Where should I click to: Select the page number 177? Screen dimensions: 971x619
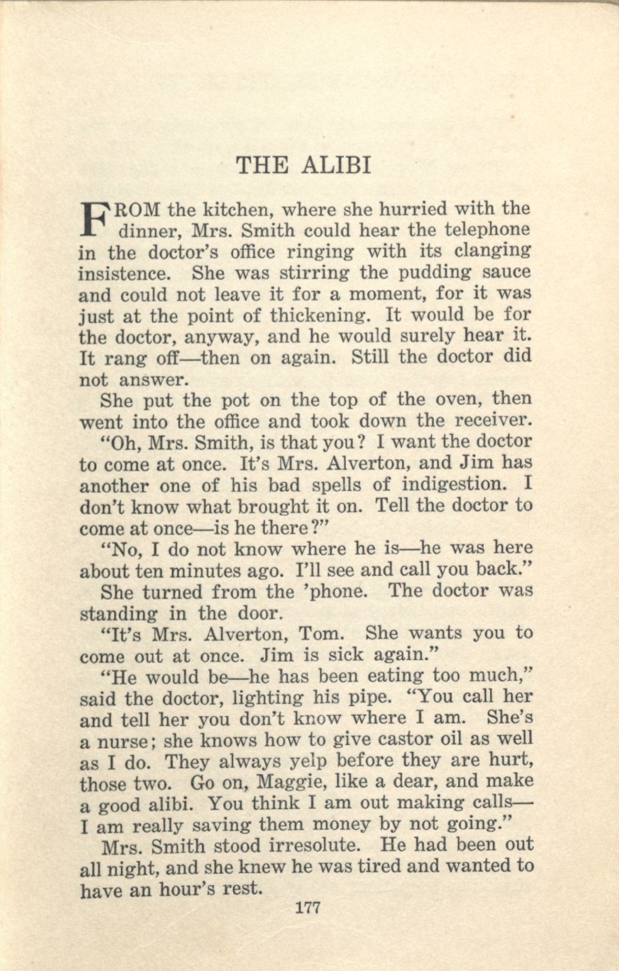coord(308,907)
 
